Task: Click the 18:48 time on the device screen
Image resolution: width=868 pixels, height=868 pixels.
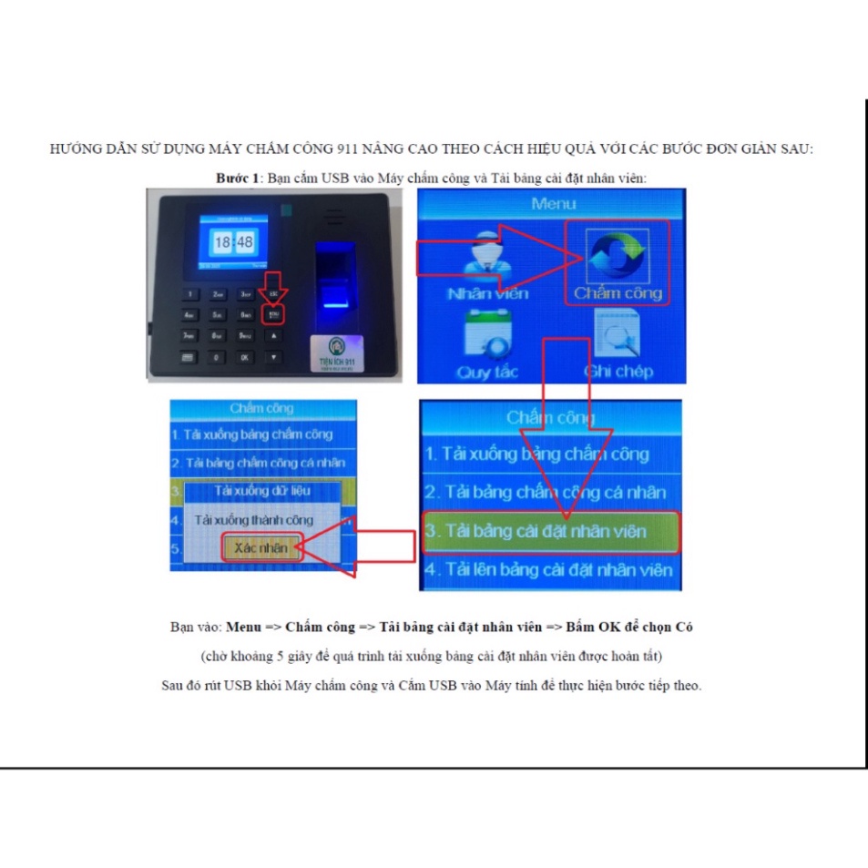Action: [232, 241]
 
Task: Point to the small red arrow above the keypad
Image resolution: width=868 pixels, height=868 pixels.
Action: [273, 286]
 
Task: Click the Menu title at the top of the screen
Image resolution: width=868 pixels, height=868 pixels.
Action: [553, 203]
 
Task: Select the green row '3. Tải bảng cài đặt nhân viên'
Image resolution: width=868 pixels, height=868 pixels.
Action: [551, 531]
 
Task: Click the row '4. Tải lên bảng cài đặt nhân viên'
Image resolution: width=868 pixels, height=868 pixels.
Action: [551, 571]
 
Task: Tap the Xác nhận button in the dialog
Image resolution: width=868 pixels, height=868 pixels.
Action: [260, 547]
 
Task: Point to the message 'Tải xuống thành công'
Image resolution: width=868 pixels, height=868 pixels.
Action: [254, 520]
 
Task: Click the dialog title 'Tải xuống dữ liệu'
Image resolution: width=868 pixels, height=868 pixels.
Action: [262, 491]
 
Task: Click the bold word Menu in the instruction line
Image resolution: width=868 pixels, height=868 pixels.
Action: [243, 628]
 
